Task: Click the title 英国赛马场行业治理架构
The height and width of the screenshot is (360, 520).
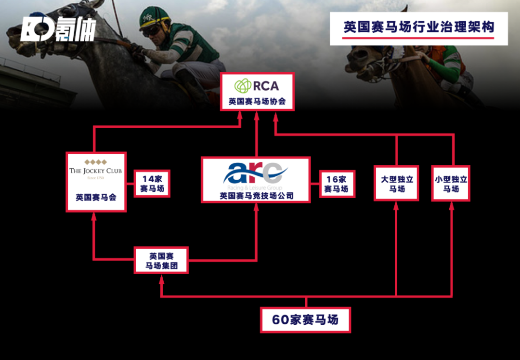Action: [418, 27]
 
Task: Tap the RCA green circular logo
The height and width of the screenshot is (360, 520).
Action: [243, 86]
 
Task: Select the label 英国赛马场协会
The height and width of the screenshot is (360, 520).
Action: [257, 102]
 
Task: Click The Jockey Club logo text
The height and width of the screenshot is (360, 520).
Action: [95, 171]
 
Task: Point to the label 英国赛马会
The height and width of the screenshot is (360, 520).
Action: [96, 197]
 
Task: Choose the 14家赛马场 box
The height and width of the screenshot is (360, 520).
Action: [152, 184]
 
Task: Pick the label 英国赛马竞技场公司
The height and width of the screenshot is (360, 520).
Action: [256, 196]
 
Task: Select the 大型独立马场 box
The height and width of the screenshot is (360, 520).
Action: [397, 184]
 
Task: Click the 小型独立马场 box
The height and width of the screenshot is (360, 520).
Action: [451, 184]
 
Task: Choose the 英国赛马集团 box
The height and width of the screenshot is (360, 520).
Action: [161, 260]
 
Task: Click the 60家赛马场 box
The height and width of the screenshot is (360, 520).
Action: [305, 320]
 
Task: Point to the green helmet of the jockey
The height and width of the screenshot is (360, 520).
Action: [154, 17]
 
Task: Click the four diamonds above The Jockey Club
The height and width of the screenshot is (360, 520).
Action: [95, 161]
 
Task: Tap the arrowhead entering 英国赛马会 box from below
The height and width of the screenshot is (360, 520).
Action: [94, 216]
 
